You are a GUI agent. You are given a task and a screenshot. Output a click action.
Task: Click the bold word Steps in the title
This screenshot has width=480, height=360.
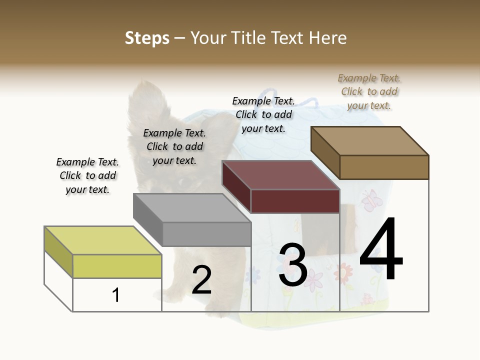pos(147,38)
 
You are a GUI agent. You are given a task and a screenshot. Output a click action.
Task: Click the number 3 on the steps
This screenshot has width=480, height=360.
pos(293,264)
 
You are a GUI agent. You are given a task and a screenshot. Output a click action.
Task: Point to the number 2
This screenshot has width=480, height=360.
pos(201,280)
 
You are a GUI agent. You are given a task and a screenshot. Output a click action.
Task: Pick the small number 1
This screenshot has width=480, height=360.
pos(116,295)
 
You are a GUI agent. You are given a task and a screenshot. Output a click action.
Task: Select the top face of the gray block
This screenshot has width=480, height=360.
pos(192,207)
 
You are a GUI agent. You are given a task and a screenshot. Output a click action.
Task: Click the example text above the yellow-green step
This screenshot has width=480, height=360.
pos(87,175)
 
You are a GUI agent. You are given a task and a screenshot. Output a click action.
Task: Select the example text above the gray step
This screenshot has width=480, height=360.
pos(174,146)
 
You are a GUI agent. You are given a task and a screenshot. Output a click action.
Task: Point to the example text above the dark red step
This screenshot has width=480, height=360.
pos(263,114)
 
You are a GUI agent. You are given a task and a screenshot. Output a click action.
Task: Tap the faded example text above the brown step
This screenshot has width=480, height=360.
pos(369,91)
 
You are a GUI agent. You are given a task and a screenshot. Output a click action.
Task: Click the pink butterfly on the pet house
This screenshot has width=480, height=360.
pos(370,201)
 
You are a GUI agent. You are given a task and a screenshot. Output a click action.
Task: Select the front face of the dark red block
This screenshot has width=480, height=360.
pos(295,201)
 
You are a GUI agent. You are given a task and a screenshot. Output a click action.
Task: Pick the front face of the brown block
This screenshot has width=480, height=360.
pos(384,167)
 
